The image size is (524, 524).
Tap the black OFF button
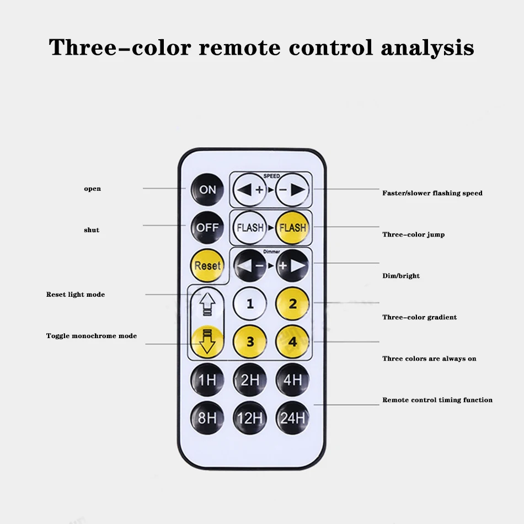pos(207,227)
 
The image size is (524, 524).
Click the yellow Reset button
pos(207,265)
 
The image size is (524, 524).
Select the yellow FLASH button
pos(292,227)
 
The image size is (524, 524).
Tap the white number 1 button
pos(250,303)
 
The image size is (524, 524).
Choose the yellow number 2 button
pos(292,303)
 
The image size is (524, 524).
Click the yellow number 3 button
pos(250,341)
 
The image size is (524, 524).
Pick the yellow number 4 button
pos(292,341)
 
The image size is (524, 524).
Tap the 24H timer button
pos(292,418)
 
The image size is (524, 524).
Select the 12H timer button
pos(250,418)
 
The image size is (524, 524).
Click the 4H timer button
pos(292,379)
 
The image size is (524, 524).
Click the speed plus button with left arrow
pos(250,190)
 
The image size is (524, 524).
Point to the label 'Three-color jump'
pos(413,234)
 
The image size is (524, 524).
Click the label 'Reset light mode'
pos(76,295)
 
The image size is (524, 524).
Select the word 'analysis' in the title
pos(427,47)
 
